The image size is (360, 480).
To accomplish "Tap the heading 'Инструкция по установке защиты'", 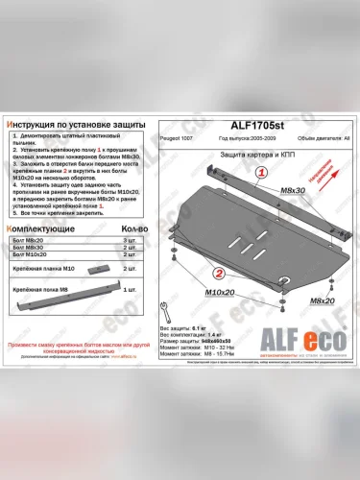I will tap(76, 126).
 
